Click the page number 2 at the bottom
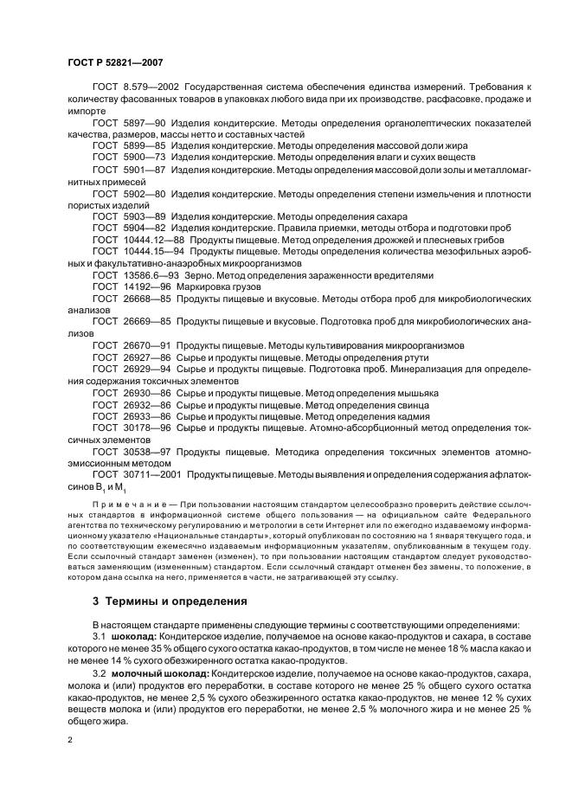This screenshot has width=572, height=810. pyautogui.click(x=72, y=741)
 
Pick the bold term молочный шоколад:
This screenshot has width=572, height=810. pyautogui.click(x=162, y=672)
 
